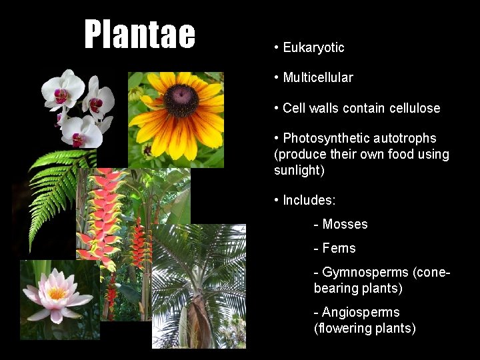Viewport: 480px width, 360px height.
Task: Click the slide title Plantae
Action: [140, 35]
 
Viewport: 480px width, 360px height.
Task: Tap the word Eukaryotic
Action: [313, 47]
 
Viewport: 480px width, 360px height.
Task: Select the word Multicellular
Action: [318, 77]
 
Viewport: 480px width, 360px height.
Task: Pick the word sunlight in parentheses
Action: [298, 170]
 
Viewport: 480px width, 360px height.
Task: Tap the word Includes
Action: [309, 200]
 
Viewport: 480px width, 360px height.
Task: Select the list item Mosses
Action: [345, 225]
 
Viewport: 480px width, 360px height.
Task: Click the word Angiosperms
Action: [361, 312]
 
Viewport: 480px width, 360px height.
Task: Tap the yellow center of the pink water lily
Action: [57, 293]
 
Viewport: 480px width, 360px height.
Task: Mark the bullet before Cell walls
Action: [276, 108]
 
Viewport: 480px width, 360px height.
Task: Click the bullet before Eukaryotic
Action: [276, 47]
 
